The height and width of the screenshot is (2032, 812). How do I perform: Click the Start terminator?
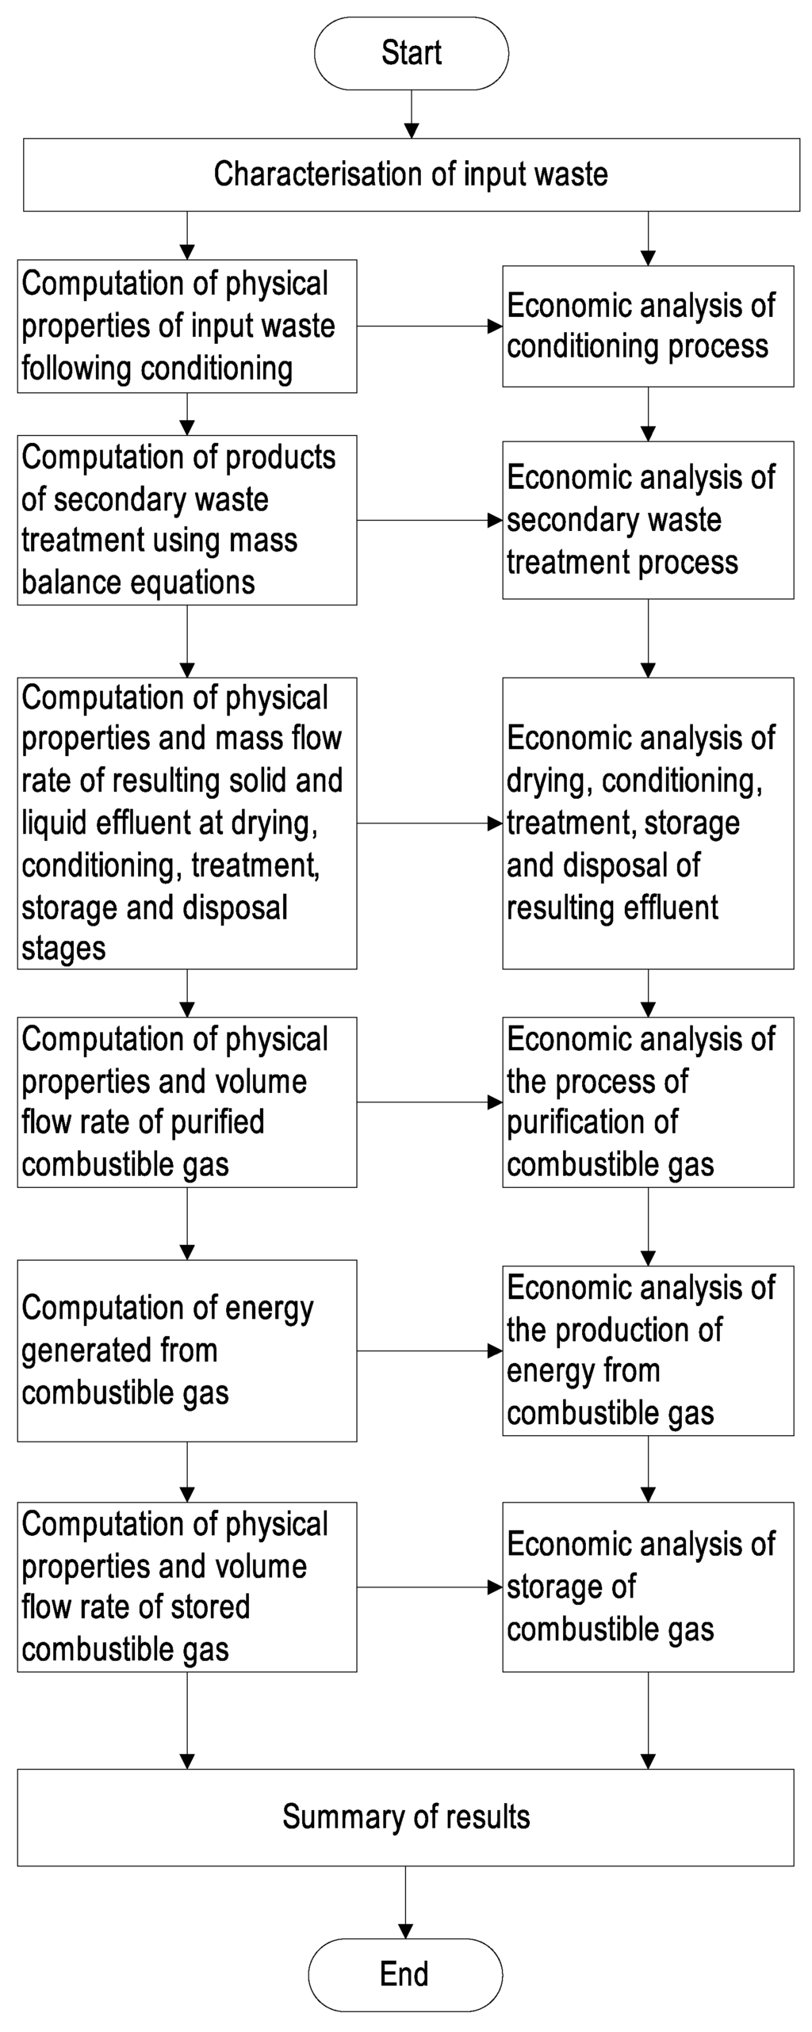411,53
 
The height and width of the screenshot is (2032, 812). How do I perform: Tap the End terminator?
404,1973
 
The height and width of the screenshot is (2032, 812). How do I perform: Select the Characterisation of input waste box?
411,174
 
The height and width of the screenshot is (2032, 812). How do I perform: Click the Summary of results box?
405,1816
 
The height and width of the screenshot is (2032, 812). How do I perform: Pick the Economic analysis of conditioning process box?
648,327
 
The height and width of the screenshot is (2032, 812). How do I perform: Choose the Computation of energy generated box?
187,1350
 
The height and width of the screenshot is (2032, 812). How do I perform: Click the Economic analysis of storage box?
648,1587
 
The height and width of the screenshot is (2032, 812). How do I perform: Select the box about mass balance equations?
187,520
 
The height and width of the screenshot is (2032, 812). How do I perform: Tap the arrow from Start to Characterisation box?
411,114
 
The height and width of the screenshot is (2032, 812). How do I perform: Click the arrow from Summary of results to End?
405,1902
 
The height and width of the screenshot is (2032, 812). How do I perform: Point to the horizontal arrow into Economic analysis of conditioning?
429,326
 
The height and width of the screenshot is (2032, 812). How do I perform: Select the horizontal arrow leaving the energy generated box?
429,1351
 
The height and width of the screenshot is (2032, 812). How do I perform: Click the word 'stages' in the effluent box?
63,949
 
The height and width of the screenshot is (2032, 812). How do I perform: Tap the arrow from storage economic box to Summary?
648,1720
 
